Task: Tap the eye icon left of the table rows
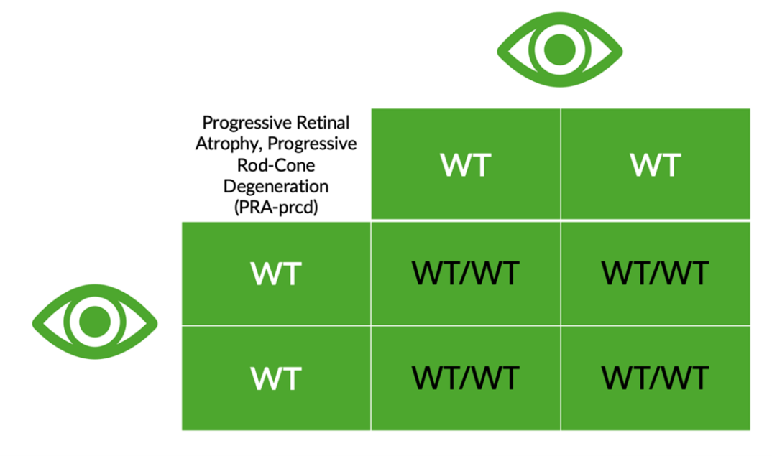(94, 322)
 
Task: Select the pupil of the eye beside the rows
(94, 322)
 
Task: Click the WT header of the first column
(466, 164)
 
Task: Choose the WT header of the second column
(655, 164)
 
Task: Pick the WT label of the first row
(276, 274)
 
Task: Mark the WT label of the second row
(276, 378)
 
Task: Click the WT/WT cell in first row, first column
(466, 274)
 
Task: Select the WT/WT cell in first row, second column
(655, 274)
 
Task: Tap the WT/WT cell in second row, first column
(466, 378)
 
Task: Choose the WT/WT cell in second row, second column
(655, 378)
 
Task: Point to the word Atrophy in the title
(222, 144)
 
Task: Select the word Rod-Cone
(276, 165)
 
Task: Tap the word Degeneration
(276, 187)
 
